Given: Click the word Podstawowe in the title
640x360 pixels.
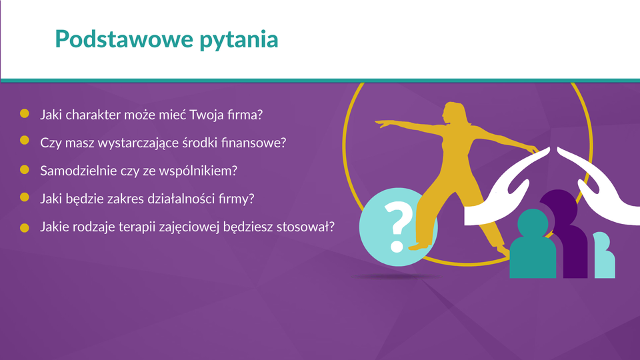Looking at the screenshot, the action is pyautogui.click(x=124, y=39).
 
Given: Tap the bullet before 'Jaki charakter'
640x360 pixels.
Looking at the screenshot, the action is pyautogui.click(x=25, y=113).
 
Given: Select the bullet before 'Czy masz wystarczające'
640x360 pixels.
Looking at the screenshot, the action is pyautogui.click(x=25, y=141).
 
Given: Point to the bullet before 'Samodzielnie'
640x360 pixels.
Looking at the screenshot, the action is pyautogui.click(x=25, y=169).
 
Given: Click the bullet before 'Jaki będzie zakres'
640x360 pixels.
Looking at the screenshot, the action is pyautogui.click(x=25, y=197).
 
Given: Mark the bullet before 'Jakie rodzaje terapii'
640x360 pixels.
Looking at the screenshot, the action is pyautogui.click(x=25, y=228).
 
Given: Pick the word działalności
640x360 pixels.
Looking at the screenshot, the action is pyautogui.click(x=176, y=199).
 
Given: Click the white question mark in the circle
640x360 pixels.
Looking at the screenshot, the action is pyautogui.click(x=398, y=227).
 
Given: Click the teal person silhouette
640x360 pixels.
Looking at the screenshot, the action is pyautogui.click(x=533, y=245).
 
